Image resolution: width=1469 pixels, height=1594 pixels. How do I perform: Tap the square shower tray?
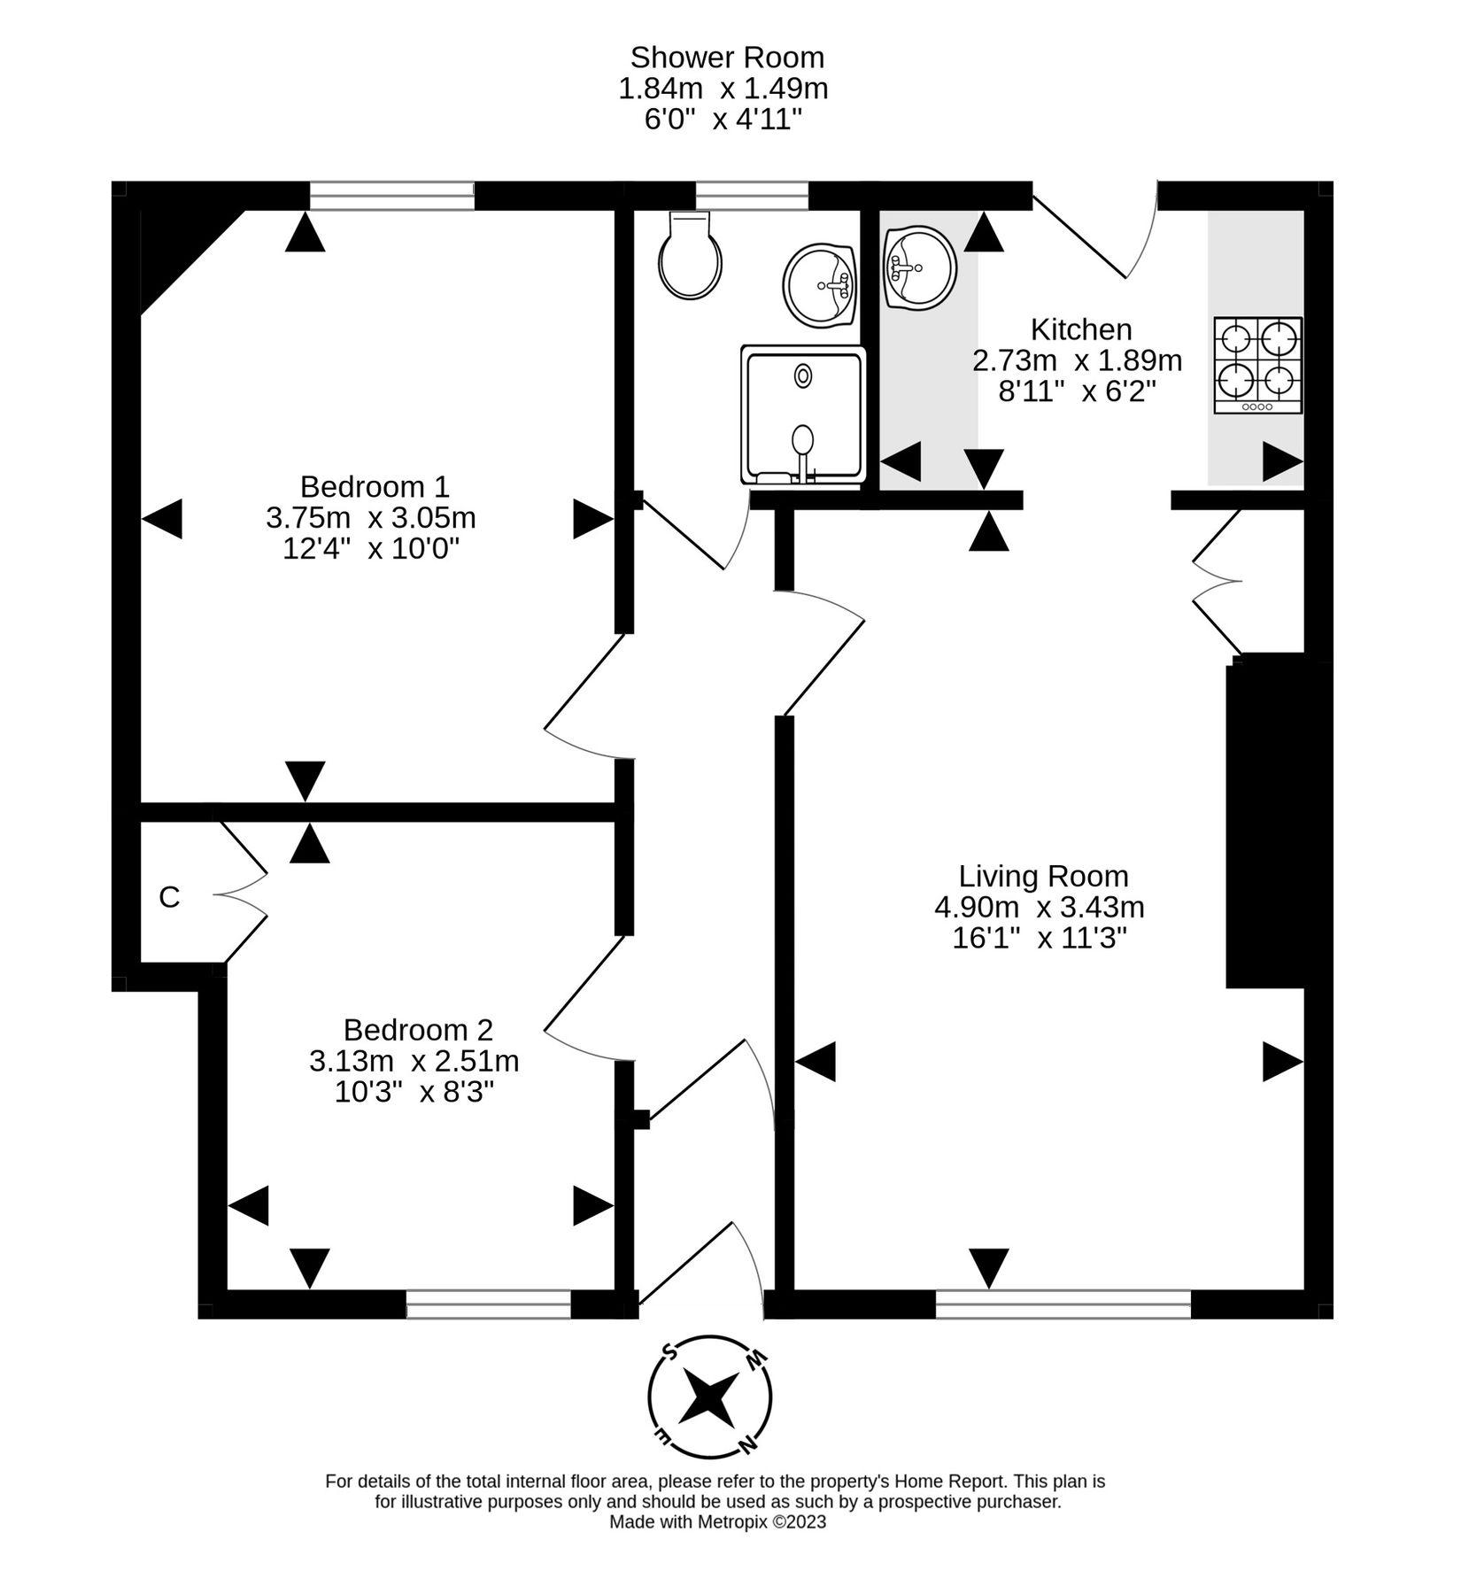[x=802, y=414]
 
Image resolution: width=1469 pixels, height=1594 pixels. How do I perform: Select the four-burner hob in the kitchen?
[x=1257, y=365]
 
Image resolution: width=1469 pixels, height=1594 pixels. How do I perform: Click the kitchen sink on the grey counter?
[x=920, y=267]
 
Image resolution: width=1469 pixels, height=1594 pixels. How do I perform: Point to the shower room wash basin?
[x=820, y=283]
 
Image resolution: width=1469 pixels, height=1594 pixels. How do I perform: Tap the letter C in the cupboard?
[x=169, y=897]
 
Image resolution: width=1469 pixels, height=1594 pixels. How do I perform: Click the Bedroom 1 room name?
[x=375, y=486]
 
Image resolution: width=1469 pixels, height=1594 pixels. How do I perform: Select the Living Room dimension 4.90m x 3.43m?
[x=1040, y=907]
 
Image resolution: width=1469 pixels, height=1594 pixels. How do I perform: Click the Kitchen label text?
[x=1081, y=329]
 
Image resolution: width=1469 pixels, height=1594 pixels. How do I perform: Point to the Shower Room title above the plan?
[x=726, y=58]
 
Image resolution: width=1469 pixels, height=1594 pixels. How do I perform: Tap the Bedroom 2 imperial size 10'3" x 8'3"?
[x=414, y=1091]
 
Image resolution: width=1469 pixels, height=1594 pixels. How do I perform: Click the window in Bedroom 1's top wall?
[x=391, y=196]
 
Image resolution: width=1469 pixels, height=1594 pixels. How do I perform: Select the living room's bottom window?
[x=1063, y=1304]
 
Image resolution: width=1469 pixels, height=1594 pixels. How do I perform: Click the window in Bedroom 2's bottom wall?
[x=489, y=1304]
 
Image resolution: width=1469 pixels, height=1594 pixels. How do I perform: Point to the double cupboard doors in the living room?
[x=1218, y=581]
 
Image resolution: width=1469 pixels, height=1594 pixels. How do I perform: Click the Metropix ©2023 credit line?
[x=717, y=1521]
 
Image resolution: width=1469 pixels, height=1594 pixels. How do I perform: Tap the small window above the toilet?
[x=752, y=196]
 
